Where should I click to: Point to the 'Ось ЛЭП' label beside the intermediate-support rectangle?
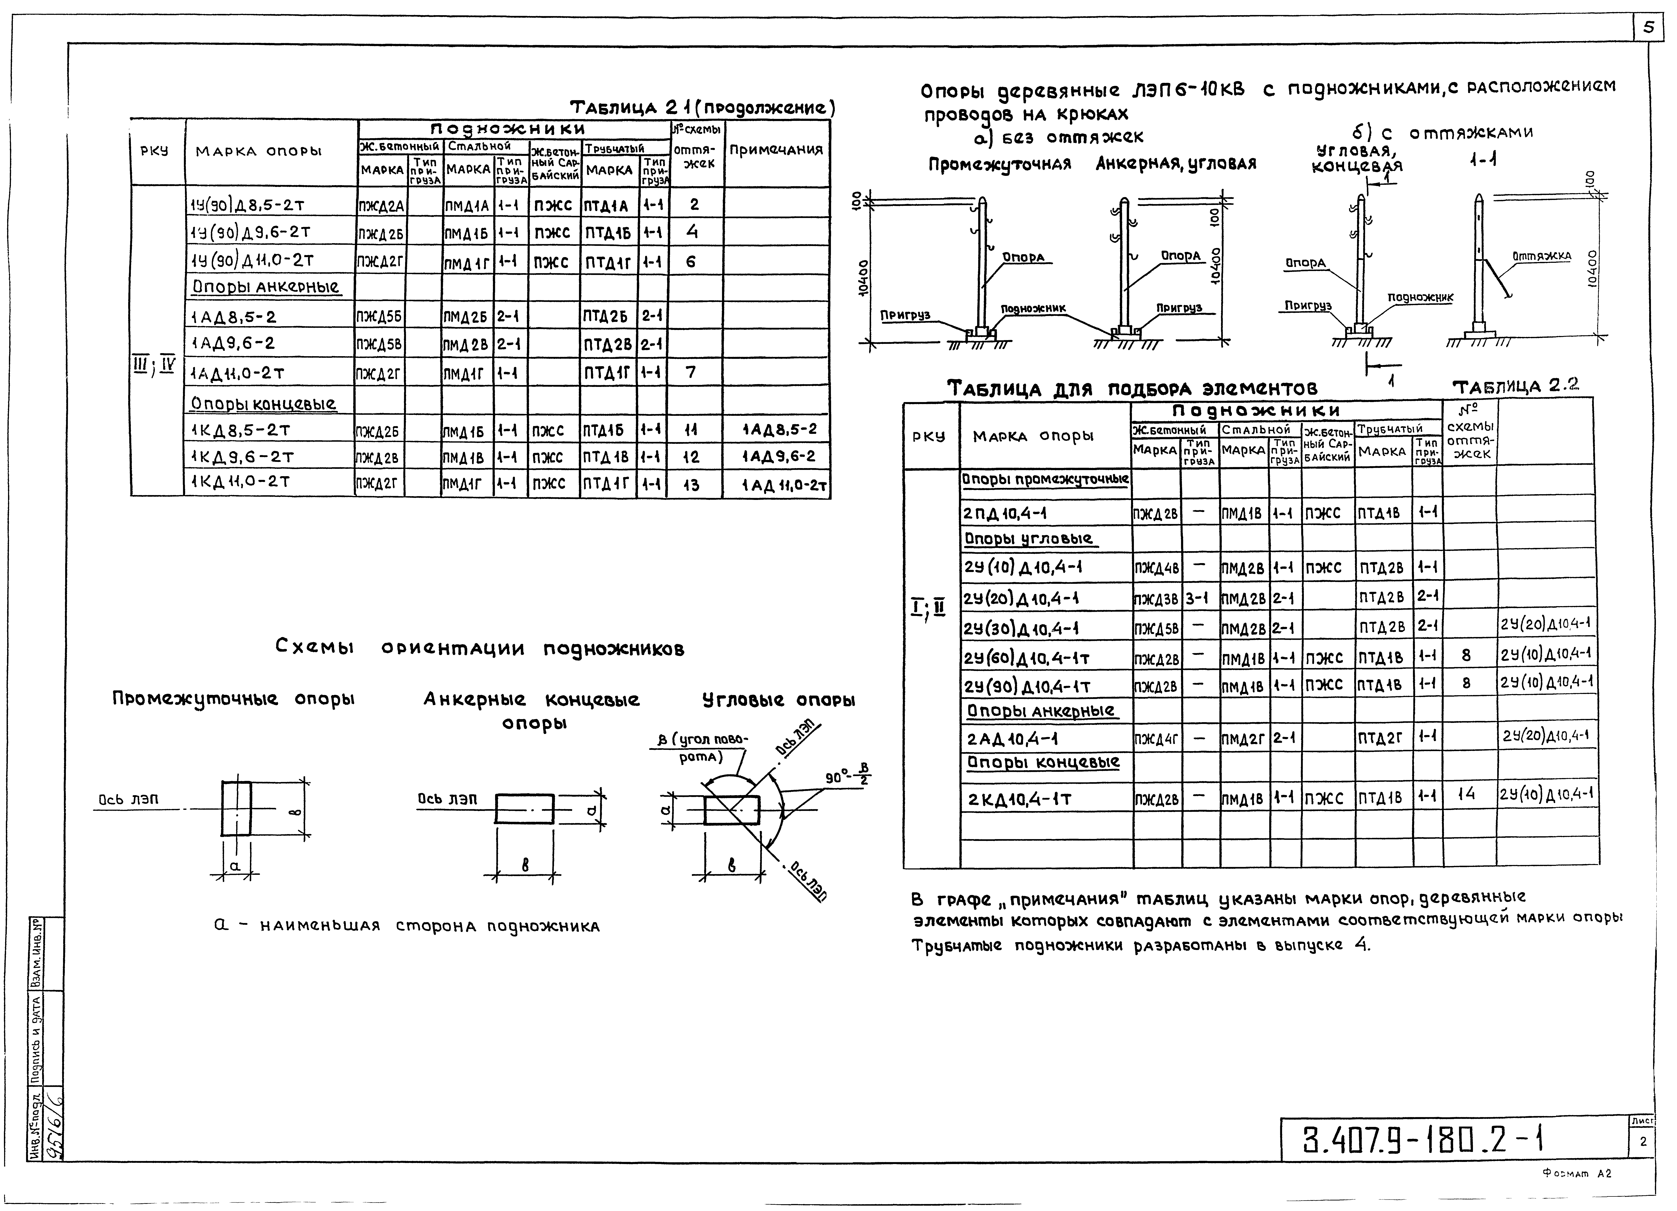click(128, 799)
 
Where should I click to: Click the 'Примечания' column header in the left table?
click(776, 150)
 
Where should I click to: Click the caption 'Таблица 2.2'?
click(1515, 386)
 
